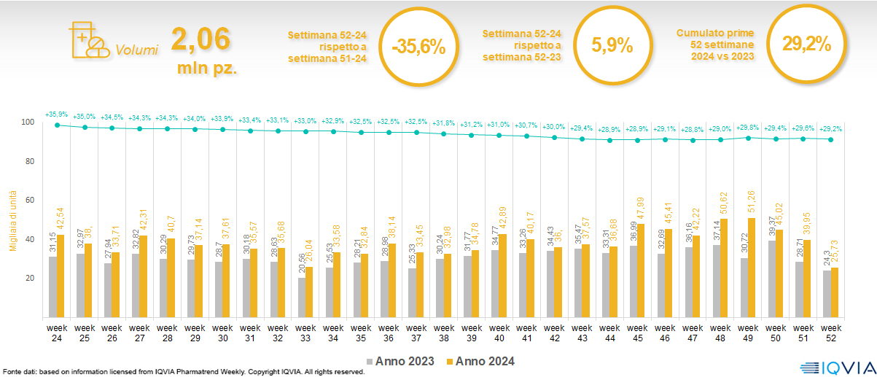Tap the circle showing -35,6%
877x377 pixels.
[x=418, y=47]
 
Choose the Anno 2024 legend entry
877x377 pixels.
[x=484, y=361]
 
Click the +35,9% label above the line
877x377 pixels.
[x=56, y=114]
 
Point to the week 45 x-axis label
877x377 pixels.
[x=637, y=332]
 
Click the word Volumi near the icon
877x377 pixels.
[x=136, y=50]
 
